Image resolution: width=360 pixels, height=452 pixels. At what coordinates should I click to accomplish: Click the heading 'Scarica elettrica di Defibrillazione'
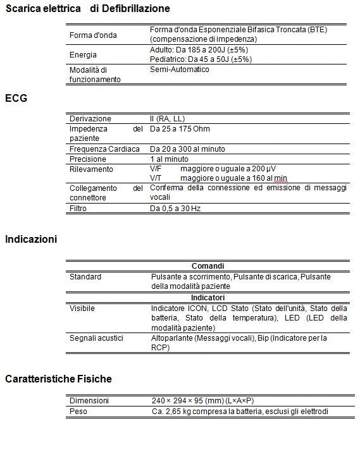(87, 9)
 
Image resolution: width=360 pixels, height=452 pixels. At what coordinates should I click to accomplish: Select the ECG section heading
(16, 99)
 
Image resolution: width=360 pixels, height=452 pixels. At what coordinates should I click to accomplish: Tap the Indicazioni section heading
(31, 239)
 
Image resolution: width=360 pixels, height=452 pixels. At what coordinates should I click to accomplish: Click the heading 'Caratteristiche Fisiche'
(58, 379)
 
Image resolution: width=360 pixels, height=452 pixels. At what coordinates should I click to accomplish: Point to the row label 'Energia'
(83, 55)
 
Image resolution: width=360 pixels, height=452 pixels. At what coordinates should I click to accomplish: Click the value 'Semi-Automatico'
(180, 70)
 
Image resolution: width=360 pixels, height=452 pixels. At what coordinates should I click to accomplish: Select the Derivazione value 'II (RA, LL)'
(168, 119)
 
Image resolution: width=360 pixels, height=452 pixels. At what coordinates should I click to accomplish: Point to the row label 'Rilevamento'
(91, 169)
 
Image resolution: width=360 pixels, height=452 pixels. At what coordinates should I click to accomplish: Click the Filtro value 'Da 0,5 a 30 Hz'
(175, 208)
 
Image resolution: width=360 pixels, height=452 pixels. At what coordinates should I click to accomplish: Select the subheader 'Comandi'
(208, 267)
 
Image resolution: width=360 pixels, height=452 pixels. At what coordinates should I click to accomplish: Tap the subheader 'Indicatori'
(208, 297)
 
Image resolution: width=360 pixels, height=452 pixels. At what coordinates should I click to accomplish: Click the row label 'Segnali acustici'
(96, 338)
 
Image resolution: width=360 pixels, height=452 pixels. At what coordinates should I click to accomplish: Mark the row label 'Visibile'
(82, 308)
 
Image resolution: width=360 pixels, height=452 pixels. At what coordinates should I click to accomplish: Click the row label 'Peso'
(78, 411)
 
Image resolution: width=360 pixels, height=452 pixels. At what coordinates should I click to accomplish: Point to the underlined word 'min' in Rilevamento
(280, 178)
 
